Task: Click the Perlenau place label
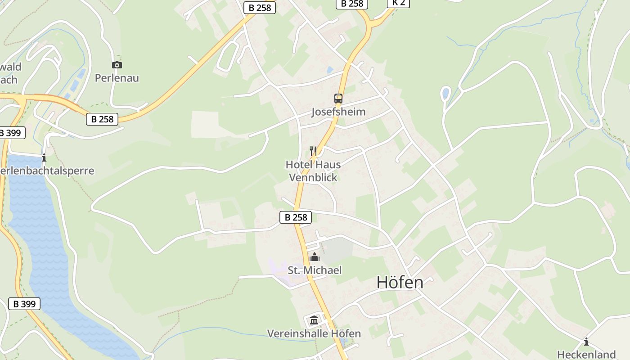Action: click(117, 78)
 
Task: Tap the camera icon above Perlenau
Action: click(117, 65)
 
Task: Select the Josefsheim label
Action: click(338, 112)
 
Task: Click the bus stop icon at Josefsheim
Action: click(338, 99)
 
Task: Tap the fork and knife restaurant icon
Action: click(313, 151)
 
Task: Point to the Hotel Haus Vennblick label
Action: click(313, 171)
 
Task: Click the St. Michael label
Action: click(315, 270)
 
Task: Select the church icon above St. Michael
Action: click(315, 257)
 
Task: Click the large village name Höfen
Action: click(400, 283)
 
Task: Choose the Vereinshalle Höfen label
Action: click(314, 333)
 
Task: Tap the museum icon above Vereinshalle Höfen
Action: click(314, 320)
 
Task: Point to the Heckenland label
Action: click(586, 354)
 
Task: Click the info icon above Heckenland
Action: click(586, 342)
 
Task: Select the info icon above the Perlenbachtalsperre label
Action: click(44, 158)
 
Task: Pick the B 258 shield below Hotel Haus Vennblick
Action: click(296, 217)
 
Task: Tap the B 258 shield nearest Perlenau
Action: click(102, 119)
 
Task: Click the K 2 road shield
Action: click(399, 3)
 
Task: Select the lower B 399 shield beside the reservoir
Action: click(24, 304)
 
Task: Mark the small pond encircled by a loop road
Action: click(445, 94)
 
